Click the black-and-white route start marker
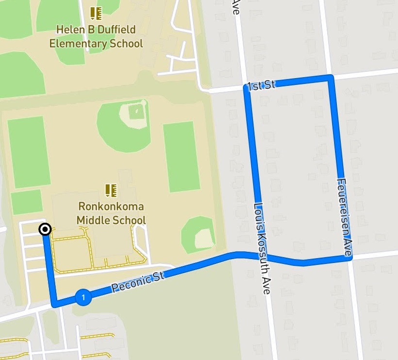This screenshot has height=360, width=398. point(45,229)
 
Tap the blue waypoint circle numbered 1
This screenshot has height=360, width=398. point(83,297)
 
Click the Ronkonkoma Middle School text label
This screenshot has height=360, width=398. point(111,213)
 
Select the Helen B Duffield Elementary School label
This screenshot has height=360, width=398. point(96,36)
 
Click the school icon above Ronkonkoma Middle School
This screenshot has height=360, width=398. point(111,190)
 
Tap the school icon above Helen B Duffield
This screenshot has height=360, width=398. point(96,13)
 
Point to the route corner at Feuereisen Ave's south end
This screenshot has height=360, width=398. point(349,258)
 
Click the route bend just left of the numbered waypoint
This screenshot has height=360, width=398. point(55,305)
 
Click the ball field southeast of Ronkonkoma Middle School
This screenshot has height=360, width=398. point(199,235)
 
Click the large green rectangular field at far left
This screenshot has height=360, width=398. point(29,151)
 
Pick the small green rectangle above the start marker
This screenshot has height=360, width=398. point(27,202)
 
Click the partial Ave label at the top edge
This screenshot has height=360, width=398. point(236,7)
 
